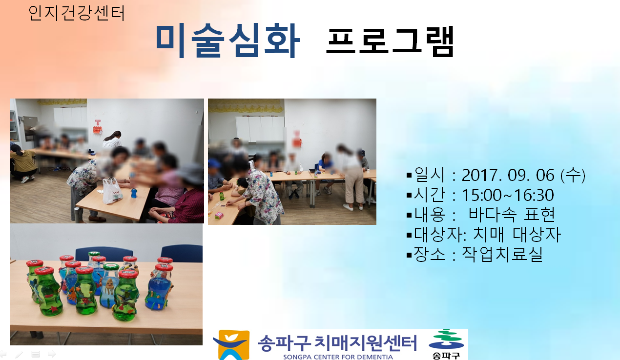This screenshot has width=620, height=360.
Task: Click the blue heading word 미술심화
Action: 228,40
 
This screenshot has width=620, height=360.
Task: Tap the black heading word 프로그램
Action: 390,41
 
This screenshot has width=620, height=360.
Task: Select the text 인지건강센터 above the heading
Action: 77,13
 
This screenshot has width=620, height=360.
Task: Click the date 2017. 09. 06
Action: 508,175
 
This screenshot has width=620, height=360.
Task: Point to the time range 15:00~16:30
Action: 508,195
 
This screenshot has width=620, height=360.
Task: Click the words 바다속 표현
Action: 512,215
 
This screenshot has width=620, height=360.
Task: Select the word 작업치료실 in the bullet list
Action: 502,254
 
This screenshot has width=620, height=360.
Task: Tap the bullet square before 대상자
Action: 409,235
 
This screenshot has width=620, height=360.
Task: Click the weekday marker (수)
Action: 573,175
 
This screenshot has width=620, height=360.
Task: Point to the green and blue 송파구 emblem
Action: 446,340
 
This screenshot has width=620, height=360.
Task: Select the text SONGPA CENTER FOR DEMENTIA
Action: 338,357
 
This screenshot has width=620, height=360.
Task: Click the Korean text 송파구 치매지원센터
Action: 337,343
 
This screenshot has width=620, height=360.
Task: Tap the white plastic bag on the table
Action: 112,191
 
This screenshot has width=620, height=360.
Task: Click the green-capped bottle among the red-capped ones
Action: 110,286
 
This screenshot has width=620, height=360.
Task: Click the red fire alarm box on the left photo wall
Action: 98,129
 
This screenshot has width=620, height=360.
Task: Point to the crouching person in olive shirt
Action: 22,163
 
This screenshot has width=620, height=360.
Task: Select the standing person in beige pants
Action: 351,177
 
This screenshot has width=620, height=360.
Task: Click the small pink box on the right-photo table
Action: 219,215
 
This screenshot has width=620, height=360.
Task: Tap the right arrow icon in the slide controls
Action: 52,354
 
